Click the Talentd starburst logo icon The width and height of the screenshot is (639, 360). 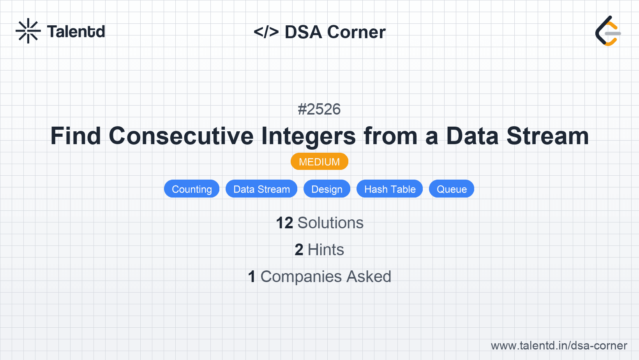28,31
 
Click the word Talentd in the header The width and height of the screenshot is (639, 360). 76,32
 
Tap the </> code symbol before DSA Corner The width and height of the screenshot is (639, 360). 266,32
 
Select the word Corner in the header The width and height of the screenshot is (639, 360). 357,32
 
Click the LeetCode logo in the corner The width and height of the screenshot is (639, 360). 608,31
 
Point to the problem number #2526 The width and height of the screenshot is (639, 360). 319,109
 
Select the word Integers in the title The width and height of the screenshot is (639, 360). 308,136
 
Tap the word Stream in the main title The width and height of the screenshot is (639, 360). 547,136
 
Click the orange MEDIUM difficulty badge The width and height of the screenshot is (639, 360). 319,162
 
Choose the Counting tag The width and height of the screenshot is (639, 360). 192,189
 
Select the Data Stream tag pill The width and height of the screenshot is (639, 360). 261,189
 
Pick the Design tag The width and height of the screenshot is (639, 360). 327,189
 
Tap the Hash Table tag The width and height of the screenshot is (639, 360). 390,189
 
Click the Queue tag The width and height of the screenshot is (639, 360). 452,189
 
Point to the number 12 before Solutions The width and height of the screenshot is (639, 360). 284,223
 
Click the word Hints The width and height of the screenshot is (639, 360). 326,250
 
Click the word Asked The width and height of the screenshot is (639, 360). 369,277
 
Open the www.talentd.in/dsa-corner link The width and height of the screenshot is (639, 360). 559,346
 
